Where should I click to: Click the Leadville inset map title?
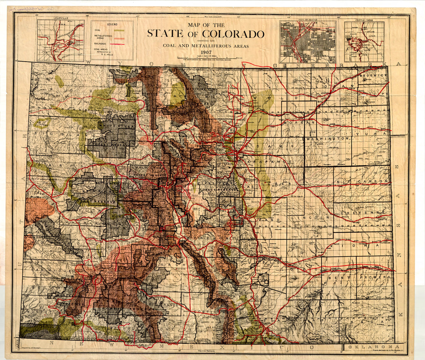tap(61, 18)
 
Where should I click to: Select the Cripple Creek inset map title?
tap(364, 18)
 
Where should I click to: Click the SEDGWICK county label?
tap(373, 76)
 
